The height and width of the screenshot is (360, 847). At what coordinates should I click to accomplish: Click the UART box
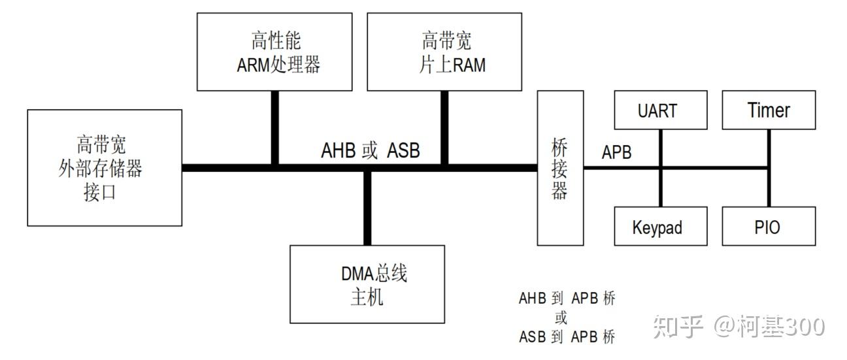[660, 110]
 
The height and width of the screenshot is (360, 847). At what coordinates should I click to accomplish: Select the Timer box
[769, 110]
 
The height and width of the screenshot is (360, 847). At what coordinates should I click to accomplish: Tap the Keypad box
[660, 227]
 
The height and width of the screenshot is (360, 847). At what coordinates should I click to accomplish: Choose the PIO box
[769, 227]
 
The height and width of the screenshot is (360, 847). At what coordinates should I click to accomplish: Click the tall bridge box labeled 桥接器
[560, 168]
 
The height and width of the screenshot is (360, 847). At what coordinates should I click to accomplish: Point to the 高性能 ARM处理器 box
[274, 52]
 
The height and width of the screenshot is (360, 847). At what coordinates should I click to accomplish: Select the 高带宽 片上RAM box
[444, 52]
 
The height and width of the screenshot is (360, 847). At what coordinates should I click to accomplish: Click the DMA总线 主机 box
[367, 284]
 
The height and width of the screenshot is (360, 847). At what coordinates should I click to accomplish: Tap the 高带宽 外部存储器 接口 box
[105, 168]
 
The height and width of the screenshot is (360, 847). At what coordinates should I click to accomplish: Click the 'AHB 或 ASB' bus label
[371, 150]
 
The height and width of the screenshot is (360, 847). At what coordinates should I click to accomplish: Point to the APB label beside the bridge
[617, 152]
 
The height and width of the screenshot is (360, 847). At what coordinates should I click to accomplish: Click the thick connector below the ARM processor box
[275, 127]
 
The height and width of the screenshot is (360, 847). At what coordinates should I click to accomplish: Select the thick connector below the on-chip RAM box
[444, 127]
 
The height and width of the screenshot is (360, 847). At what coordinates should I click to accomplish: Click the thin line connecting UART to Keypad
[660, 189]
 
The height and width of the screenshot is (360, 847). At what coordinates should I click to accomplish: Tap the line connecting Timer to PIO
[769, 189]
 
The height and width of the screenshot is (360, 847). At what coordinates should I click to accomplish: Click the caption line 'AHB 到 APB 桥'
[567, 299]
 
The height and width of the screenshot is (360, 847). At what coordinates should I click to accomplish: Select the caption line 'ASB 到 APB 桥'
[567, 337]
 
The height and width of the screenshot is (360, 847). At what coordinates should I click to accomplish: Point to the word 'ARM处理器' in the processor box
[278, 65]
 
